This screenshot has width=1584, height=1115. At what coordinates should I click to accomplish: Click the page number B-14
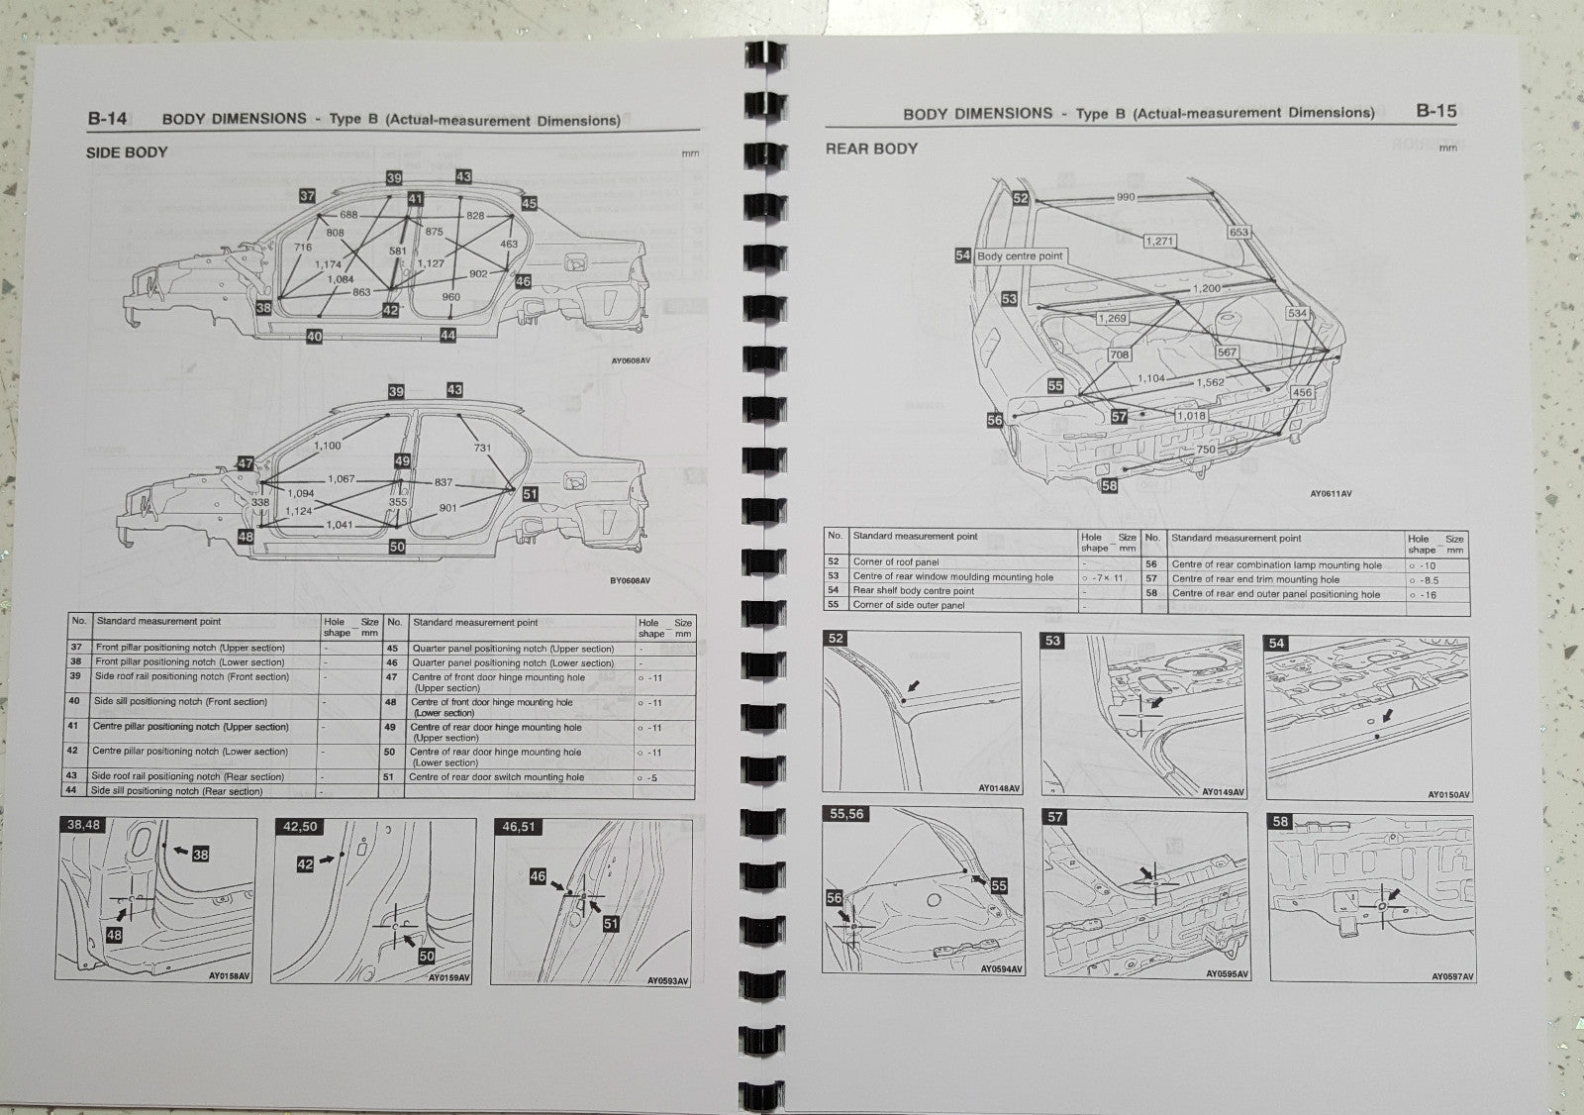[107, 119]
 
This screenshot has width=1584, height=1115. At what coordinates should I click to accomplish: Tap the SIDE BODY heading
[127, 152]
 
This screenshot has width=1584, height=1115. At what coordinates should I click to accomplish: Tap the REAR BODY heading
[871, 149]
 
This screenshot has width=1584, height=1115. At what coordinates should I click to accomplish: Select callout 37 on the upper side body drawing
[307, 196]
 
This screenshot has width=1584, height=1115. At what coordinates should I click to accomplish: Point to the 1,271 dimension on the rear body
[1159, 241]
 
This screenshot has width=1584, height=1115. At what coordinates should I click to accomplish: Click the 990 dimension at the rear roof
[1126, 197]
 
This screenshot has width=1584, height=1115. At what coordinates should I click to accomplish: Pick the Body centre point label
[1019, 255]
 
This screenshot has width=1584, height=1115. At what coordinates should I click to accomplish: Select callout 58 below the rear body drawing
[1109, 485]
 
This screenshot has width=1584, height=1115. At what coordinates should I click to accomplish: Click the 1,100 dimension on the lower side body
[327, 446]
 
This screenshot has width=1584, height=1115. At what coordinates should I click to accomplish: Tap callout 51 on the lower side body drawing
[530, 494]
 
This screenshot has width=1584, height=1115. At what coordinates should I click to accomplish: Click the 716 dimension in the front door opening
[303, 248]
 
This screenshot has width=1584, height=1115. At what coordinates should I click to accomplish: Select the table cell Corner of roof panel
[895, 561]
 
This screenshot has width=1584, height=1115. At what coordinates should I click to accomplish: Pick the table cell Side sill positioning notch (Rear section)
[176, 791]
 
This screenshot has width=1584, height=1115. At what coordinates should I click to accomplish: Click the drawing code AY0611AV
[1331, 493]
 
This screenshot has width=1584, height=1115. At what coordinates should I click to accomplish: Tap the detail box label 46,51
[519, 826]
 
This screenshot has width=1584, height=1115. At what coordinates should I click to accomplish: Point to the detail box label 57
[1055, 817]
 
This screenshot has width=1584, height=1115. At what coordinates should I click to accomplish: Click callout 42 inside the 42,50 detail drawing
[305, 864]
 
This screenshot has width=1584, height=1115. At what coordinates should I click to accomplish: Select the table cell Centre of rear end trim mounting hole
[1255, 579]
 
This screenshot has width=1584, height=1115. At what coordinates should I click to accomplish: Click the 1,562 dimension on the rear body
[1210, 382]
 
